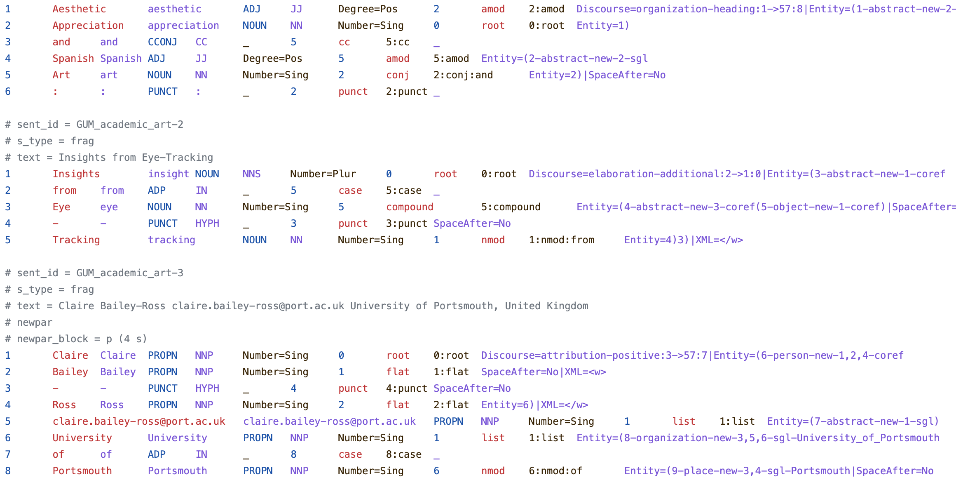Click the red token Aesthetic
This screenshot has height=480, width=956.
[79, 9]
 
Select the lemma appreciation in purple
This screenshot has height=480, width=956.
[183, 26]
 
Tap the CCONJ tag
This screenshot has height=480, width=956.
[162, 42]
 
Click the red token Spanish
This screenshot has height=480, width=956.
[73, 59]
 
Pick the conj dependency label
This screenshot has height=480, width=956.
[397, 75]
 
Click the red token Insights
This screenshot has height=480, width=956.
[76, 174]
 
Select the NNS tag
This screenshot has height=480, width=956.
[251, 174]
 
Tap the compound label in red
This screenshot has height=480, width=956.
[410, 207]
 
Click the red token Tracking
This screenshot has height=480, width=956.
[76, 240]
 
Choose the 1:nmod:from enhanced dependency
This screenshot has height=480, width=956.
[561, 240]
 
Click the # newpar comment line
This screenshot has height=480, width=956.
[29, 322]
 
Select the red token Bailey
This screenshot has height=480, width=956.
[70, 372]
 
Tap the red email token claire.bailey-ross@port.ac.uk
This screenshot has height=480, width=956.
[139, 421]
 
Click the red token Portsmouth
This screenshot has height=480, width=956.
[82, 471]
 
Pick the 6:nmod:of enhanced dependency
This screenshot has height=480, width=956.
[555, 471]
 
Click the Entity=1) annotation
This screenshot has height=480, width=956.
[602, 26]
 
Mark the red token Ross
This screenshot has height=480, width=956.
[64, 405]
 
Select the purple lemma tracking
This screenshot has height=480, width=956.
[171, 240]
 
